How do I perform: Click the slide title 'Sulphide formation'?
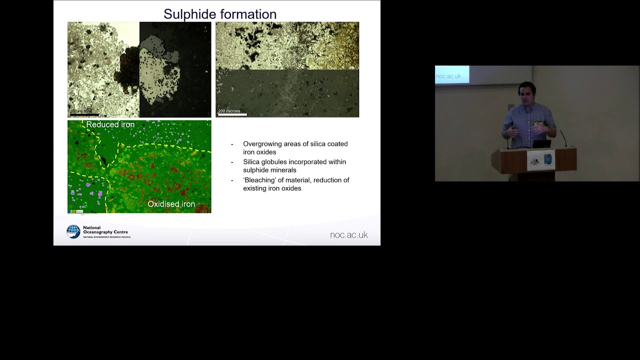220,14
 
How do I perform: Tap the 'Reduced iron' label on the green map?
110,124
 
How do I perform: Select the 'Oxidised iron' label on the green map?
171,204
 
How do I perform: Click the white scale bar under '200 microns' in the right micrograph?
232,115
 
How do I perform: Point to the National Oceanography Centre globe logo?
73,231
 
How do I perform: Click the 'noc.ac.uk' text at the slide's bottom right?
348,235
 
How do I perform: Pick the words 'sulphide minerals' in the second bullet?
269,170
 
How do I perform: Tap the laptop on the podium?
541,144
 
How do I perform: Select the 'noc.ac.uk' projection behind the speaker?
448,76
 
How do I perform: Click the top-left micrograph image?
139,69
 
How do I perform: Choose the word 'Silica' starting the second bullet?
252,162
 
